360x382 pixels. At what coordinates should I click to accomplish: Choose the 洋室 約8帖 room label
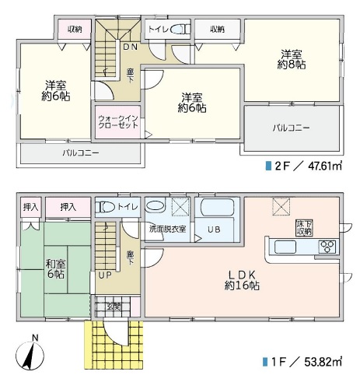(293, 60)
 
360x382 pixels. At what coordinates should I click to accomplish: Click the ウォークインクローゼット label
(118, 126)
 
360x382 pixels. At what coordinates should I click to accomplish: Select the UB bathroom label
(213, 230)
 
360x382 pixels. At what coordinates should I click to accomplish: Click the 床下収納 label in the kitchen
(303, 227)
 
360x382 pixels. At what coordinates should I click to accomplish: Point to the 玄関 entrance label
(114, 306)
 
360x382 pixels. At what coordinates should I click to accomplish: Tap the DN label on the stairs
(130, 46)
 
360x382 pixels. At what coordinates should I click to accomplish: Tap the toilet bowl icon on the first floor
(107, 209)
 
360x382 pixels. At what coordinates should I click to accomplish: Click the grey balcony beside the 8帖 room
(291, 127)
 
